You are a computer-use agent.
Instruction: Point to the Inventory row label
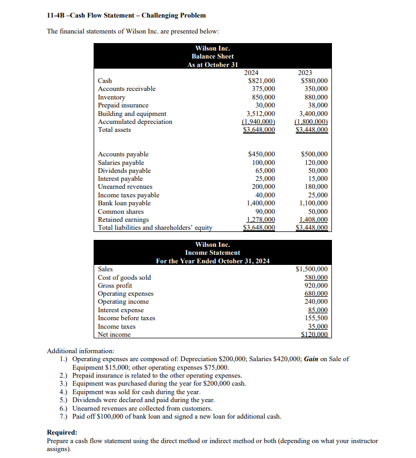[112, 97]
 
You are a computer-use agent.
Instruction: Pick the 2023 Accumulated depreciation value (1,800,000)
[311, 122]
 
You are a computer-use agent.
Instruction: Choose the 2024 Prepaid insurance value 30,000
[265, 105]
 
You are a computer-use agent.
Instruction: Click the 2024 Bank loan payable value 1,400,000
[261, 203]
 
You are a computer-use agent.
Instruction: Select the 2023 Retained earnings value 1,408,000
[313, 220]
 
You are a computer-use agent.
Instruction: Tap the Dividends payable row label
[124, 171]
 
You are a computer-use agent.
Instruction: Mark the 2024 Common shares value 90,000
[265, 212]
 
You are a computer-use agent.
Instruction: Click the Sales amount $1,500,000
[311, 269]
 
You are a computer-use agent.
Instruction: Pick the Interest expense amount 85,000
[318, 310]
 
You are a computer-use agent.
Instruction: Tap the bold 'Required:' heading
[62, 432]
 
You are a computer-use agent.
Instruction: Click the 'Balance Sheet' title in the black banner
[212, 56]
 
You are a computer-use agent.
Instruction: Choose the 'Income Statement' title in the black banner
[212, 253]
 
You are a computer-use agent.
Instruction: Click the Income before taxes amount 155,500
[315, 318]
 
